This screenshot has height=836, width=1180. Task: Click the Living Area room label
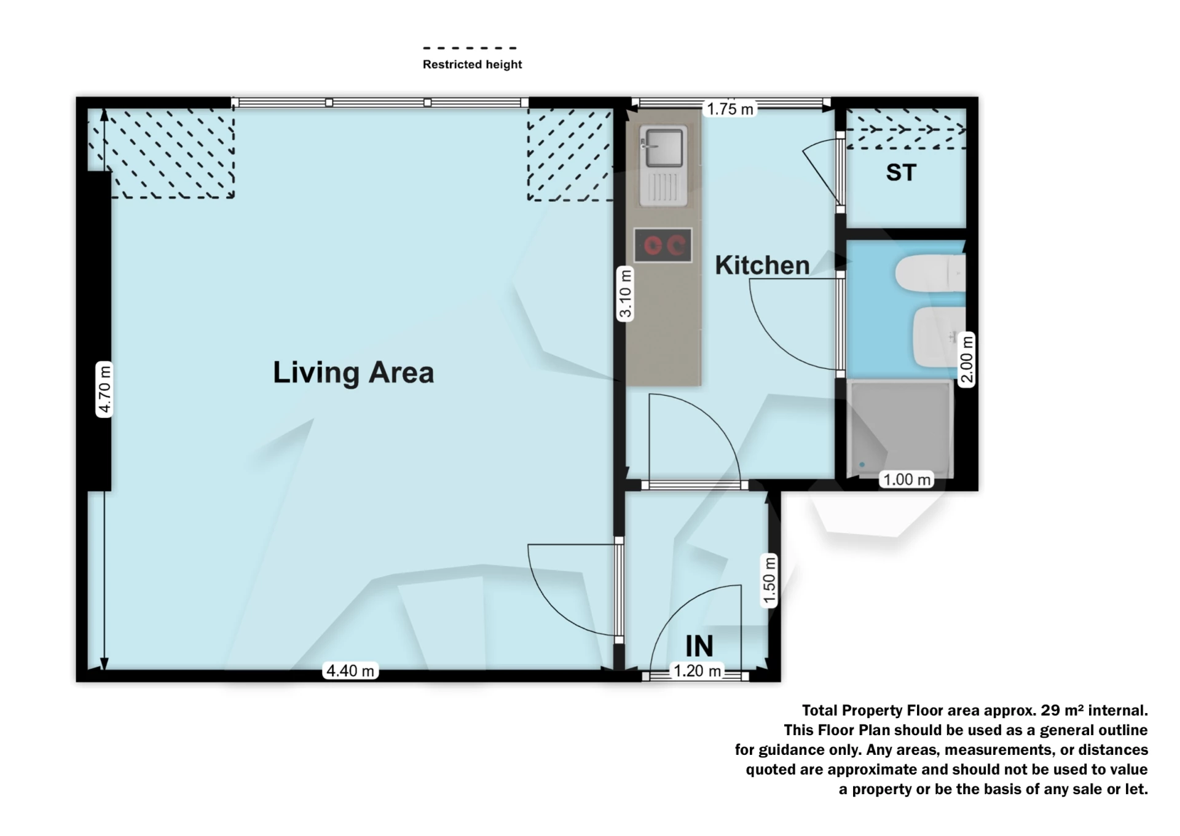pos(353,373)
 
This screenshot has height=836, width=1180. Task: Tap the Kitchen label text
pos(762,266)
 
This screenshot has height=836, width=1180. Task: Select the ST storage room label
pos(901,173)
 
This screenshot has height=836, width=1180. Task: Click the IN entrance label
pos(699,646)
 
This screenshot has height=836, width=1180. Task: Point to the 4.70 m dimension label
pos(104,390)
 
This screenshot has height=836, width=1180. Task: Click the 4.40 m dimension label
pos(350,671)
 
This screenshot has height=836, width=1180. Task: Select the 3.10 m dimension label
pos(625,294)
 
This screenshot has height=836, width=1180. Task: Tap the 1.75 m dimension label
pos(730,109)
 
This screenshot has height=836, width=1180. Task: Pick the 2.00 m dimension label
pos(967,358)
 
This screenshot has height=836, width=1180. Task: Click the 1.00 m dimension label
pos(907,479)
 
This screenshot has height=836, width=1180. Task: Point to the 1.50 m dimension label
pos(769,581)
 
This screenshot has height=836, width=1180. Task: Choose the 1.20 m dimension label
pos(697,671)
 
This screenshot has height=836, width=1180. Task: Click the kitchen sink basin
pos(664,148)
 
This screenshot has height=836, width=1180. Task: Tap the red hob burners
pos(663,245)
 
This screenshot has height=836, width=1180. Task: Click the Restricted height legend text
pos(472,65)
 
